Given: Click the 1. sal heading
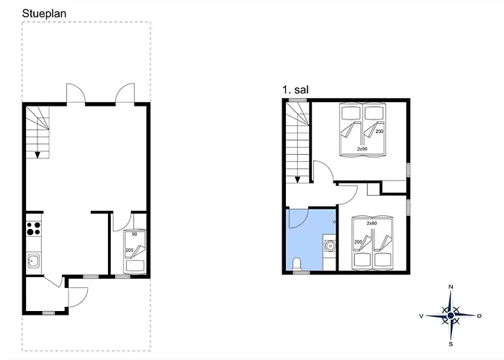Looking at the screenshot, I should pos(297,90).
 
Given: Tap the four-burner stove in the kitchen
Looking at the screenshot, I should pos(33,228).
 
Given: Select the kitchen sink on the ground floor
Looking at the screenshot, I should pos(33,261).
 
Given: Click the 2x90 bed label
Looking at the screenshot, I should pos(362,149).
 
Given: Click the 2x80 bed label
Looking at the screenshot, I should pos(372,223).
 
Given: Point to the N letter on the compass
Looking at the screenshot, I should pos(451,287).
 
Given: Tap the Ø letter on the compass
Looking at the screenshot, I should pos(480,315).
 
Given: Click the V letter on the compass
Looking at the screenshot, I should pos(421,315).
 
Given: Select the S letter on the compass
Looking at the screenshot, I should pos(451,343).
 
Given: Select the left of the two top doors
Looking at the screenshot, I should pos(76,94).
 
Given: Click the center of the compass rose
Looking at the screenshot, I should pos(451,315).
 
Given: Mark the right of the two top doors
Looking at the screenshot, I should pos(125,94).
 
